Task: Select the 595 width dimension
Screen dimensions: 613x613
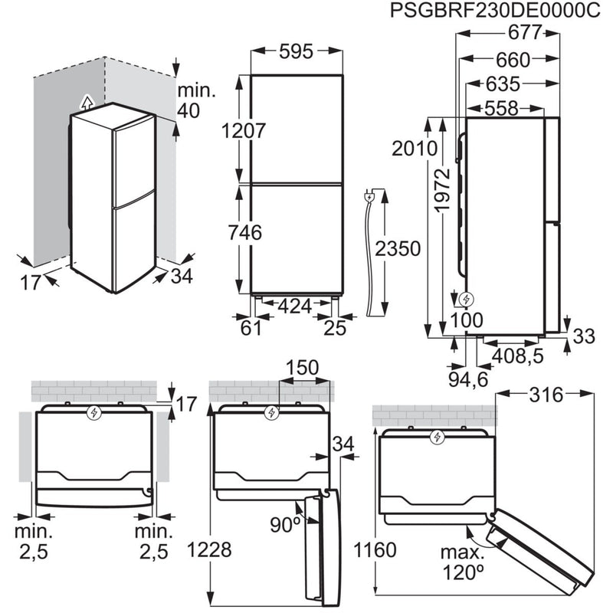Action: tap(297, 51)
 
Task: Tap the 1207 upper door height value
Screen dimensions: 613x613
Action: tap(244, 130)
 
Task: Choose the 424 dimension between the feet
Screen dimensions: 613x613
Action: tap(294, 306)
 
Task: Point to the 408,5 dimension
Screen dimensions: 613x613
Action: tap(516, 355)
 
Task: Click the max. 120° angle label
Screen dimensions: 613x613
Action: tap(464, 562)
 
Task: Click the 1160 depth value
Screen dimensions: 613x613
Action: tap(376, 550)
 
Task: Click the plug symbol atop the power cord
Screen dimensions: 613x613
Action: tap(372, 197)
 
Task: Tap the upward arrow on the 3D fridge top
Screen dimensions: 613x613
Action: tap(87, 100)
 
